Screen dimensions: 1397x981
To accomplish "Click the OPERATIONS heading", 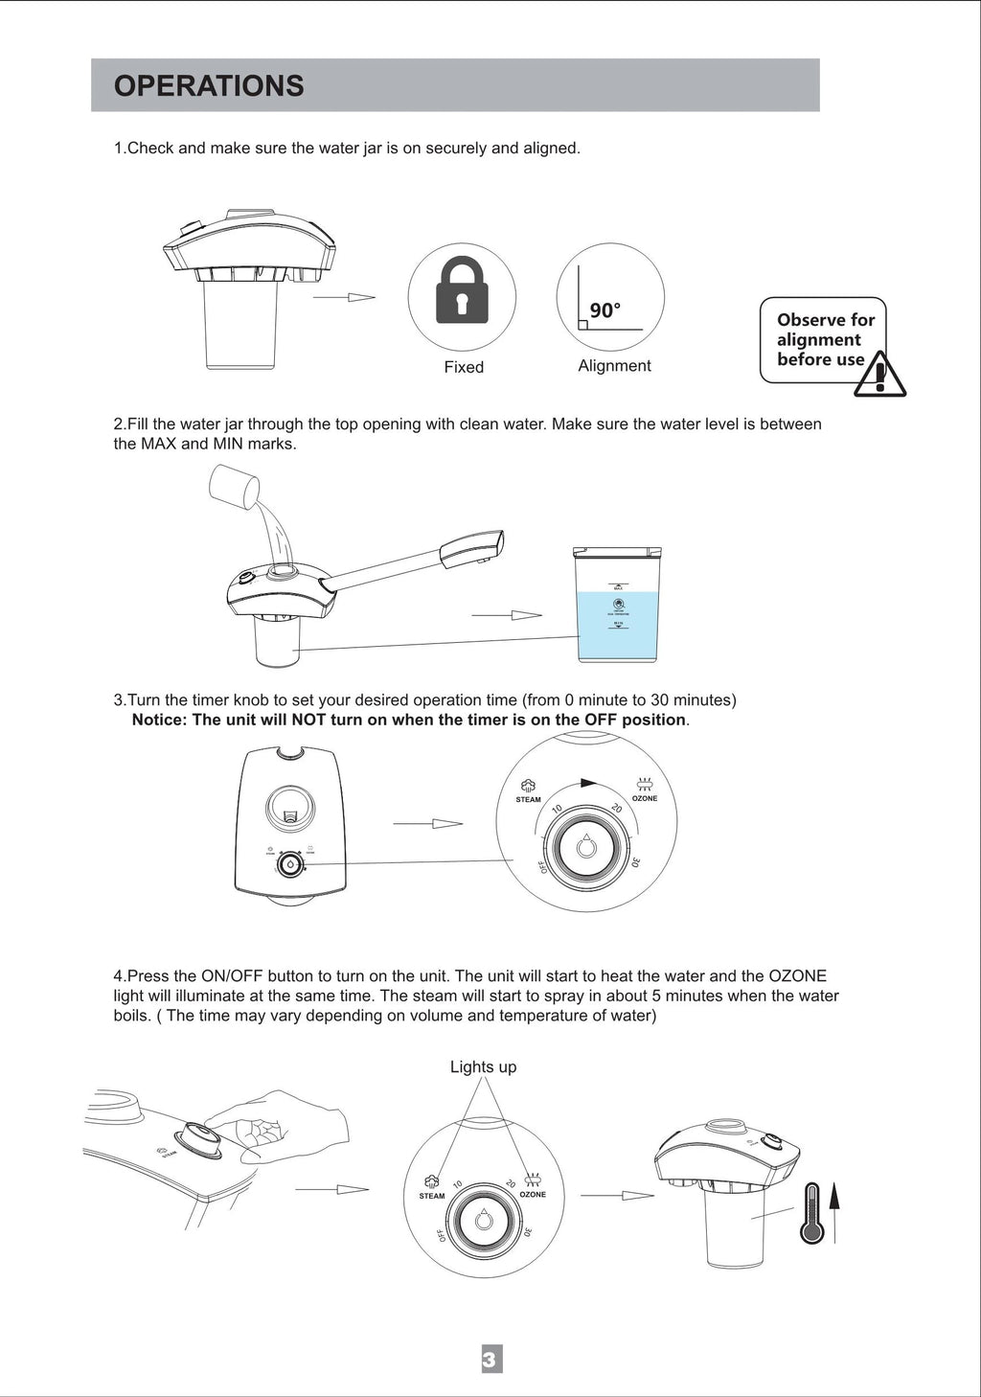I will pyautogui.click(x=209, y=86).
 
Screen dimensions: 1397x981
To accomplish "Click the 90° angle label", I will pyautogui.click(x=605, y=310).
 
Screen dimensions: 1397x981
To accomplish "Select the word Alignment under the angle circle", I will pyautogui.click(x=614, y=366).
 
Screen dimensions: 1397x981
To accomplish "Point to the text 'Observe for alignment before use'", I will pyautogui.click(x=825, y=340).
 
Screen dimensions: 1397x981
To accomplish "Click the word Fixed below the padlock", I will pyautogui.click(x=464, y=367).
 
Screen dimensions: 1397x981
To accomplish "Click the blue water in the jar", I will pyautogui.click(x=617, y=628).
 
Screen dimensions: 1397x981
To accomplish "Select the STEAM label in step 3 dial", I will pyautogui.click(x=528, y=799).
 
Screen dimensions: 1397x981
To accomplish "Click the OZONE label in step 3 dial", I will pyautogui.click(x=645, y=798).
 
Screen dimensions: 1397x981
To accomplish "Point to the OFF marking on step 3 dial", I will pyautogui.click(x=543, y=866).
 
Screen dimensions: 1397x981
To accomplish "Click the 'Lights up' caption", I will pyautogui.click(x=483, y=1067).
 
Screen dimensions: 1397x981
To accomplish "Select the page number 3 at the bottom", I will pyautogui.click(x=490, y=1359).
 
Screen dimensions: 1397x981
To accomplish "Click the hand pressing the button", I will pyautogui.click(x=278, y=1126).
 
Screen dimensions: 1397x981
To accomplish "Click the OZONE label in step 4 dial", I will pyautogui.click(x=533, y=1195).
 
